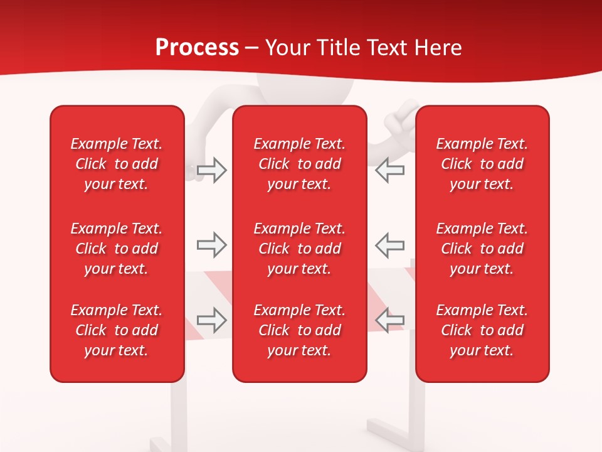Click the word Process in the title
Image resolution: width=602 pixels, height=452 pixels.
click(197, 48)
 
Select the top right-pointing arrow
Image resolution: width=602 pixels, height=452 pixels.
click(211, 170)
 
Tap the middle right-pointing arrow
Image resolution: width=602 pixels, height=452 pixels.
click(211, 245)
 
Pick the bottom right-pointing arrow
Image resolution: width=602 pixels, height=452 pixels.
click(211, 320)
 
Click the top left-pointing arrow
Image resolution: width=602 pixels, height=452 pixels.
click(390, 170)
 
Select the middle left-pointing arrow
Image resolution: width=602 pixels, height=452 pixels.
click(390, 245)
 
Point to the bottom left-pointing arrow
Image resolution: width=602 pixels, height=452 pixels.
click(390, 320)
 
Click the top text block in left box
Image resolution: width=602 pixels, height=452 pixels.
click(117, 164)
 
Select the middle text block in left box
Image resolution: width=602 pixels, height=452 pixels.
click(117, 249)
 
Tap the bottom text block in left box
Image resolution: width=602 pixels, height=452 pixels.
click(117, 330)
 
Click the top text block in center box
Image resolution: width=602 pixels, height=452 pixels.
click(299, 164)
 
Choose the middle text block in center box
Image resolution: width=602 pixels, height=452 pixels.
click(299, 249)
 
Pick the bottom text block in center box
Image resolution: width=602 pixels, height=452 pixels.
click(299, 330)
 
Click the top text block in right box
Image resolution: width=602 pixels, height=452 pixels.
click(482, 164)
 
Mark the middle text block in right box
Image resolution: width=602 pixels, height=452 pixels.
click(482, 249)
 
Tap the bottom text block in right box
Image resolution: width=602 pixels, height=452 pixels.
click(482, 330)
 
